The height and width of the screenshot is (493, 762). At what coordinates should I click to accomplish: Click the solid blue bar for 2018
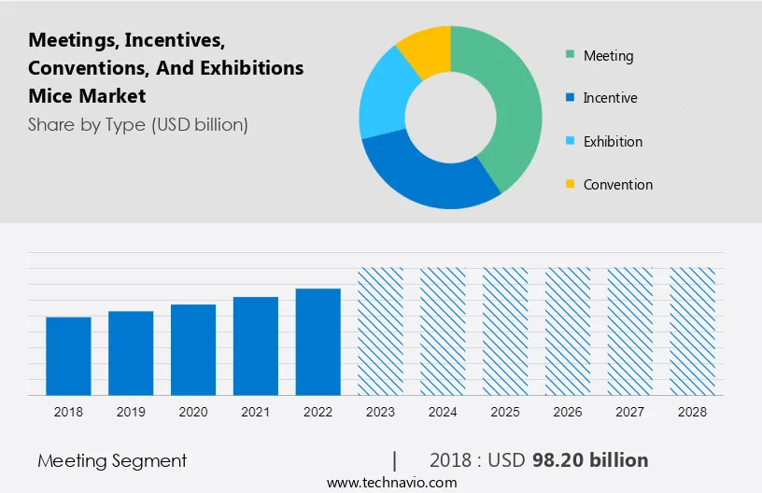tap(68, 356)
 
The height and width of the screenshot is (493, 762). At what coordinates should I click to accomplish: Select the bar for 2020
tap(193, 349)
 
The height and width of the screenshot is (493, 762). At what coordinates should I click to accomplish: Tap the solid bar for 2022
tap(318, 341)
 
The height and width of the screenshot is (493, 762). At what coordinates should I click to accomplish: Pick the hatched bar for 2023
tap(381, 331)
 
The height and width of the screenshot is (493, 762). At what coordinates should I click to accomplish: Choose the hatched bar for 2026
tap(569, 331)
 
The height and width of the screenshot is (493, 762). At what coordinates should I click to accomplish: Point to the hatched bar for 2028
tap(693, 331)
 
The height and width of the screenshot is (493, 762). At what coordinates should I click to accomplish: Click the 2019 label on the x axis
tap(131, 412)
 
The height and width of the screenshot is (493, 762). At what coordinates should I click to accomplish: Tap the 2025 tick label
tap(505, 412)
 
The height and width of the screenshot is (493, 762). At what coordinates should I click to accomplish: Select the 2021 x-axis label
tap(256, 412)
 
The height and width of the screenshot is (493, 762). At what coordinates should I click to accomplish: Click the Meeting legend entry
tap(608, 56)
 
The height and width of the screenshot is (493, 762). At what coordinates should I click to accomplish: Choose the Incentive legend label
tap(610, 98)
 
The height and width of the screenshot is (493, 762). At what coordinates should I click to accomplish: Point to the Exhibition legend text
tap(613, 142)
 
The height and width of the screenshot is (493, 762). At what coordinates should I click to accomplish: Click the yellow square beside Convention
tap(569, 185)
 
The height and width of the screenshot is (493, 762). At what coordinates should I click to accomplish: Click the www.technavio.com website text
tap(391, 483)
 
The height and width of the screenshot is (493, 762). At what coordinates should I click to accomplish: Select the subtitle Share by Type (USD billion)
tap(138, 124)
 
